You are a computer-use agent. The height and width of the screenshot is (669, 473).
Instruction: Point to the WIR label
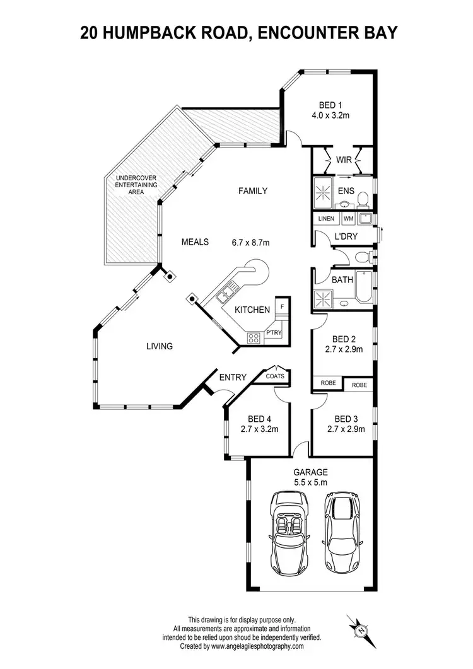pyautogui.click(x=344, y=160)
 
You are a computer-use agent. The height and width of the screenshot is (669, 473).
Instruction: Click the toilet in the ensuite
pyautogui.click(x=362, y=200)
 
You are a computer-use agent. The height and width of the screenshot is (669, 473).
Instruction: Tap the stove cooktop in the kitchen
pyautogui.click(x=254, y=337)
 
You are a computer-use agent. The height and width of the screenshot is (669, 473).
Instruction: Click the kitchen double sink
pyautogui.click(x=225, y=293)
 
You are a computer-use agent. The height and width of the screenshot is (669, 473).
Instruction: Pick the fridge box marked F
pyautogui.click(x=281, y=306)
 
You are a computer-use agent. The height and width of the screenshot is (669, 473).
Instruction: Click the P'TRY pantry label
pyautogui.click(x=273, y=332)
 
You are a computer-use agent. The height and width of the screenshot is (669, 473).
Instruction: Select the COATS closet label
pyautogui.click(x=276, y=376)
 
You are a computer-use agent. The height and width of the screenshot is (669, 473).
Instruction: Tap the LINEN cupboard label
pyautogui.click(x=326, y=219)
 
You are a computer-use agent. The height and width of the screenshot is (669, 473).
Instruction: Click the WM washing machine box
pyautogui.click(x=348, y=219)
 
